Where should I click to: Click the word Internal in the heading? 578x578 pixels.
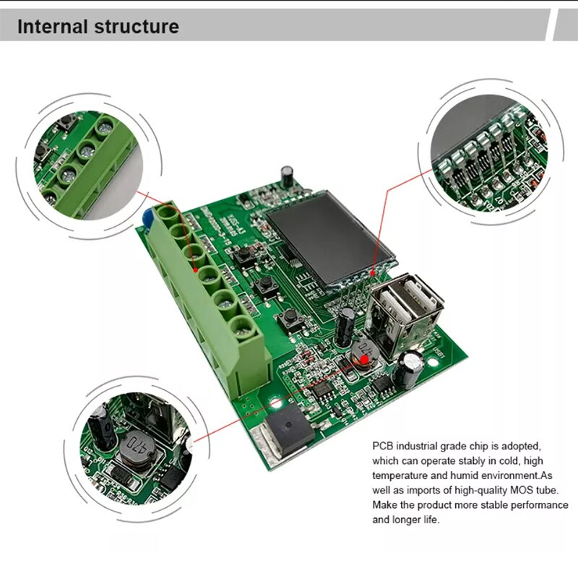52,27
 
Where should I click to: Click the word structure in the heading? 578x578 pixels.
137,27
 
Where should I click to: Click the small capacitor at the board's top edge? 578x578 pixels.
288,173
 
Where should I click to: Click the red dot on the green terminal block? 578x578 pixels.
197,269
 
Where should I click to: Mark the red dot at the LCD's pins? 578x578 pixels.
373,273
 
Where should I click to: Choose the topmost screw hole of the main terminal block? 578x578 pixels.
168,213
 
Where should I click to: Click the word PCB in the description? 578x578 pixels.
384,446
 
